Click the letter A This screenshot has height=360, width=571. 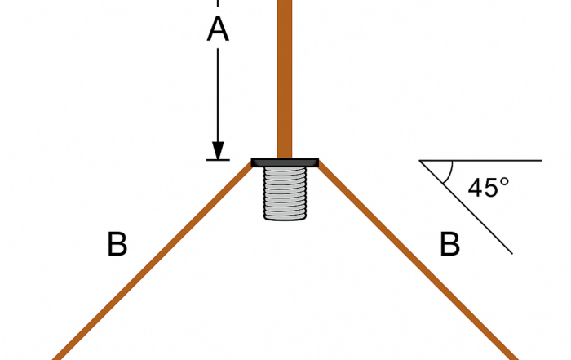point(218,29)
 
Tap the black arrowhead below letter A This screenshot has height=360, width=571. point(218,150)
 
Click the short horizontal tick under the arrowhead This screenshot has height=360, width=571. point(218,160)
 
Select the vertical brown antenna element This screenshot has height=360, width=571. point(285,79)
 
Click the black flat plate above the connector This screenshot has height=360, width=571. point(285,162)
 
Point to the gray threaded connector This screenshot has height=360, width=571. point(285,193)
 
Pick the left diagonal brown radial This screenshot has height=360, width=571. point(153,261)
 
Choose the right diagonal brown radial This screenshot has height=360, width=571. point(418,261)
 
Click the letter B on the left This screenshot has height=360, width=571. point(117,244)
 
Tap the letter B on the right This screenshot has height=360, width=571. point(449,244)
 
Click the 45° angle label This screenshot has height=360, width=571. point(489,188)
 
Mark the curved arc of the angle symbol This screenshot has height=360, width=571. point(450,173)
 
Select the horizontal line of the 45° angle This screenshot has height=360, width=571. point(480,160)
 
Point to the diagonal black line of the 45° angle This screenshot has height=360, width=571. point(466,207)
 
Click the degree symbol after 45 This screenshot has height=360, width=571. point(504,182)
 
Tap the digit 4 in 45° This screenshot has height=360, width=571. point(476,188)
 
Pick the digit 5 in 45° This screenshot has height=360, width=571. point(492,188)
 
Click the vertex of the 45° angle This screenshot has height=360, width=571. point(420,160)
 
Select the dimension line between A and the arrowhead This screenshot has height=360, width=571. point(218,96)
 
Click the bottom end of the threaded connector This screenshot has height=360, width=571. point(285,220)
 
